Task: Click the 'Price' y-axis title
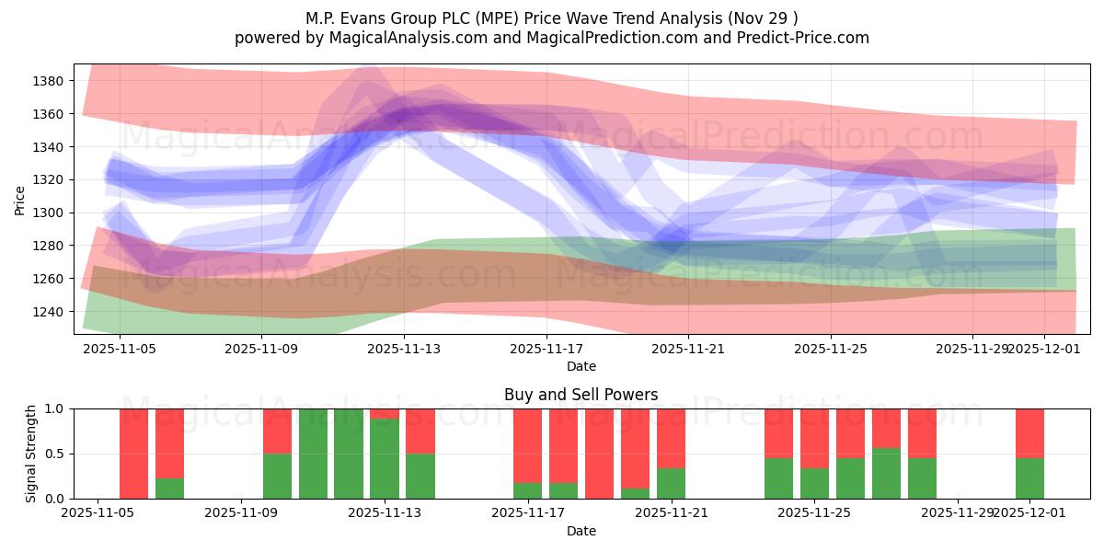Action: pyautogui.click(x=20, y=201)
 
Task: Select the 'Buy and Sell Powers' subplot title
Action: pyautogui.click(x=581, y=395)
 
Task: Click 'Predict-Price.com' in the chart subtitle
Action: pyautogui.click(x=807, y=38)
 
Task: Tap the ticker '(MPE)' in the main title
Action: pyautogui.click(x=478, y=17)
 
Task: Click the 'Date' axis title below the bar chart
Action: pyautogui.click(x=581, y=531)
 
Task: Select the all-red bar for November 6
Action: pyautogui.click(x=133, y=454)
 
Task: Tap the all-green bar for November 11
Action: pyautogui.click(x=313, y=454)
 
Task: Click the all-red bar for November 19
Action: pyautogui.click(x=600, y=454)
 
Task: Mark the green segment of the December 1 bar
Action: pyautogui.click(x=1029, y=478)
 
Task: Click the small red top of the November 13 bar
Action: pyautogui.click(x=385, y=413)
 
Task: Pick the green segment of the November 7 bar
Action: pyautogui.click(x=169, y=489)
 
